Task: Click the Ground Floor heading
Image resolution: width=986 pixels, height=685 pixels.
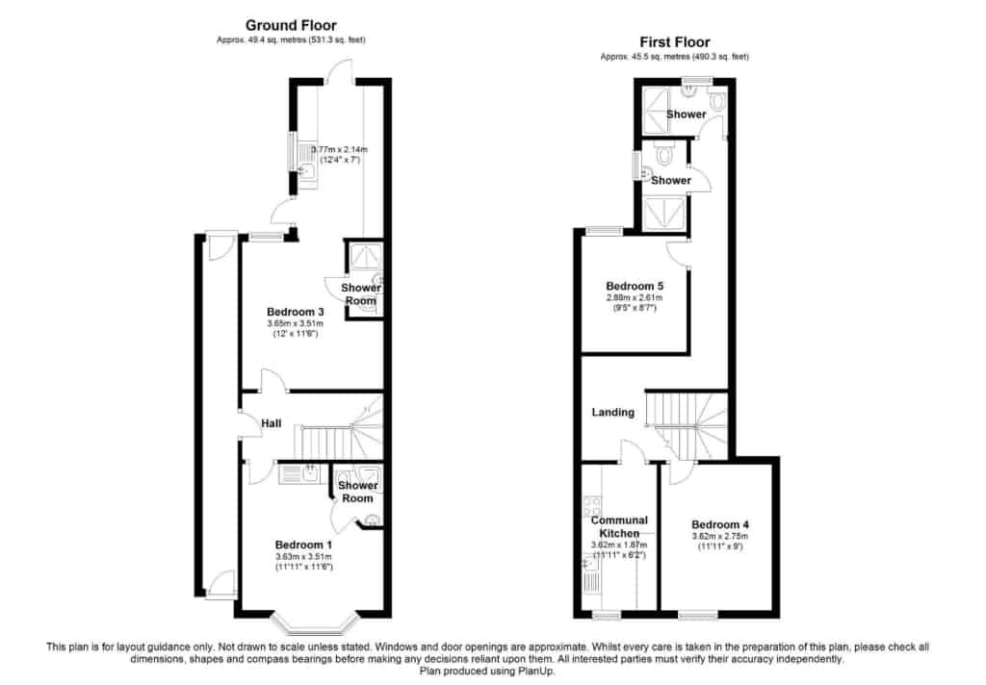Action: click(x=291, y=25)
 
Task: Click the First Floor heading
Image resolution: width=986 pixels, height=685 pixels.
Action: click(x=675, y=42)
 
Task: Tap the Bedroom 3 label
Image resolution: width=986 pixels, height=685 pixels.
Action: click(x=295, y=312)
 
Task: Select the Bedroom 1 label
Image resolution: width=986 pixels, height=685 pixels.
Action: click(x=304, y=545)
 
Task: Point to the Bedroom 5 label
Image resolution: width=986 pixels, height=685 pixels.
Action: click(x=634, y=286)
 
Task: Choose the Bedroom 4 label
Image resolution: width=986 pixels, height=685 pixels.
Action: click(x=719, y=524)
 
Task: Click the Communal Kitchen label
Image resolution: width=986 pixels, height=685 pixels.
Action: click(x=619, y=526)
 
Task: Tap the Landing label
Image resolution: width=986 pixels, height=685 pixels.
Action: click(x=613, y=413)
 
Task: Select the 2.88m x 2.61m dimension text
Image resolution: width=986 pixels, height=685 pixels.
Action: click(x=634, y=298)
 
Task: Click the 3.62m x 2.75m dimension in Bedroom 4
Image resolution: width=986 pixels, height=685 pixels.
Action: click(x=719, y=536)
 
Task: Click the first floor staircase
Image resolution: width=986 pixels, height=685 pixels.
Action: click(x=686, y=424)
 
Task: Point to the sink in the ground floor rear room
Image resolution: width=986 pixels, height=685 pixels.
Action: click(x=307, y=160)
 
